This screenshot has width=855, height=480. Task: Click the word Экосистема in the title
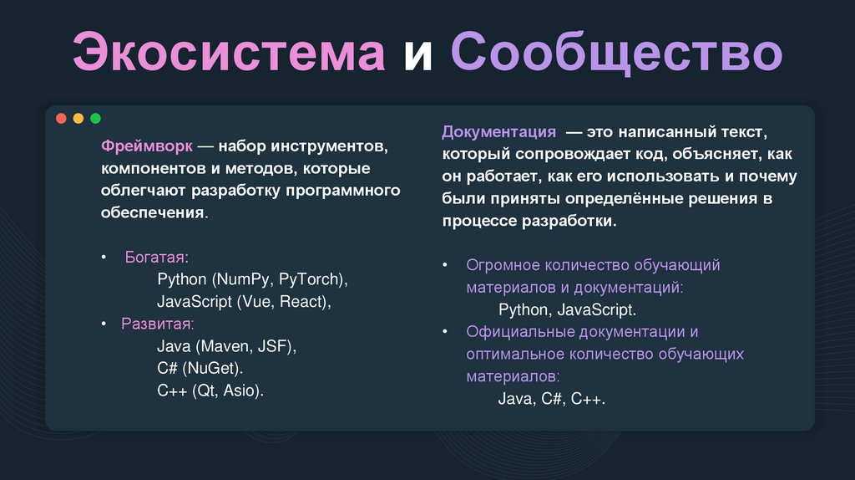pyautogui.click(x=228, y=53)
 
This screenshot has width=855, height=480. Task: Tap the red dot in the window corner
pyautogui.click(x=61, y=119)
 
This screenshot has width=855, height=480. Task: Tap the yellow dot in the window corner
pyautogui.click(x=78, y=119)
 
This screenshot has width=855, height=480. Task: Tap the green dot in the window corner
pyautogui.click(x=95, y=119)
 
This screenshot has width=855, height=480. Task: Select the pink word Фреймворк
pyautogui.click(x=148, y=146)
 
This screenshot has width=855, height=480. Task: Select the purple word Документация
pyautogui.click(x=498, y=132)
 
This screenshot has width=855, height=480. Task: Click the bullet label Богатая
pyautogui.click(x=157, y=257)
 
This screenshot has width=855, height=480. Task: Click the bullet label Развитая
pyautogui.click(x=157, y=324)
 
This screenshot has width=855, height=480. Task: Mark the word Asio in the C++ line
pyautogui.click(x=241, y=391)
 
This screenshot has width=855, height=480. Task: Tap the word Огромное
pyautogui.click(x=503, y=265)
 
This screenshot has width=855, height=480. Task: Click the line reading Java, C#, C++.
pyautogui.click(x=551, y=399)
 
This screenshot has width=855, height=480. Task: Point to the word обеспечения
pyautogui.click(x=152, y=213)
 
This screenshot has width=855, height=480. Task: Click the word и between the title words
pyautogui.click(x=417, y=53)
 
